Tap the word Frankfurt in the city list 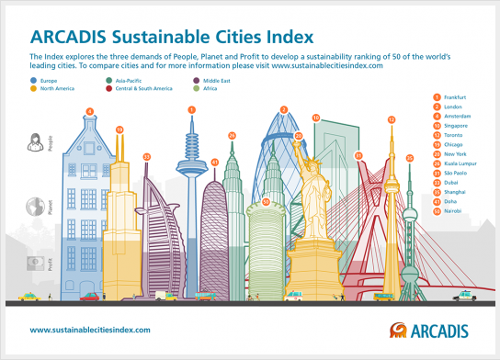point(454,97)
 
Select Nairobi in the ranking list point(452,211)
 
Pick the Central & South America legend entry point(143,89)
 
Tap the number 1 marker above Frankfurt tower point(192,110)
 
